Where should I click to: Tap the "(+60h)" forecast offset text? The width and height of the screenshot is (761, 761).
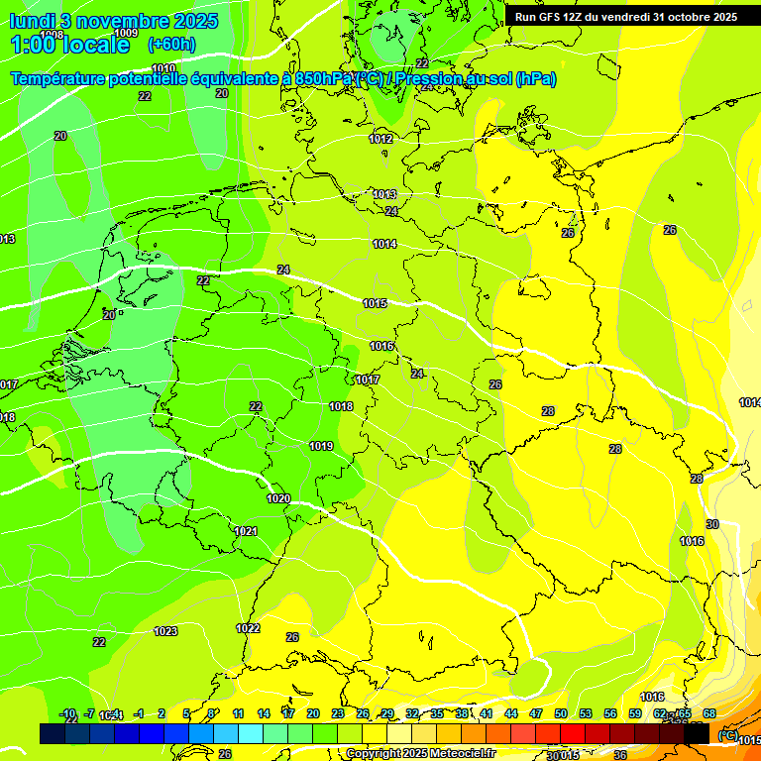click(171, 45)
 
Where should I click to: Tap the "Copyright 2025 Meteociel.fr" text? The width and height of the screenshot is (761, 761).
click(422, 754)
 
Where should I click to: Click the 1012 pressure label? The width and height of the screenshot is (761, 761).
click(381, 139)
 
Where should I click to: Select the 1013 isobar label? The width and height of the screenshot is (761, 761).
click(384, 194)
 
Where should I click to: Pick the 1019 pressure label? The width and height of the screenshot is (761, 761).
click(321, 447)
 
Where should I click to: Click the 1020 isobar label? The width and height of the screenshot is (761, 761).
click(278, 498)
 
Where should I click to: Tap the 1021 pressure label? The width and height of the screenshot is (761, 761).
click(246, 532)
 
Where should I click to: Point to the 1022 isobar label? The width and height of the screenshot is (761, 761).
click(248, 628)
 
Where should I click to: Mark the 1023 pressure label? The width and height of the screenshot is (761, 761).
click(165, 631)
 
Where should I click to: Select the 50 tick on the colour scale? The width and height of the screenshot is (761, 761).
click(561, 713)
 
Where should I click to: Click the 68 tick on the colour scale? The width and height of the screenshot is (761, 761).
click(709, 713)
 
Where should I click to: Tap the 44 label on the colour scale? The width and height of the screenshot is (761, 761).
click(511, 713)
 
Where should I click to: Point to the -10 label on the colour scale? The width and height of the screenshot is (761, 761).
click(68, 713)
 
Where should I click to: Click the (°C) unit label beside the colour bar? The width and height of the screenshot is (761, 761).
click(727, 735)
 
